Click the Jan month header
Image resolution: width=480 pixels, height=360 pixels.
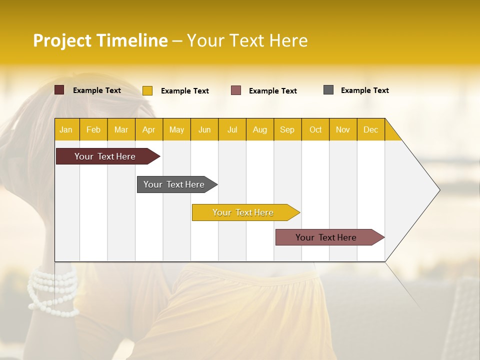point(66,129)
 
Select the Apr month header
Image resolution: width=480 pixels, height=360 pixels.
point(148,129)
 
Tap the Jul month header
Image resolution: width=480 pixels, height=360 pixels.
point(232,129)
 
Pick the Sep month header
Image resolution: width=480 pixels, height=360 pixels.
point(287,129)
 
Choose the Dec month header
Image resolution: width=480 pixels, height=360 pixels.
point(370,129)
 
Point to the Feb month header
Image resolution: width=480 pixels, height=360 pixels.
point(93,129)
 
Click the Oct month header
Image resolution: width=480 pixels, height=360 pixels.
point(315,129)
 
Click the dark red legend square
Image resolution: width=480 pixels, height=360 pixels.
point(59,90)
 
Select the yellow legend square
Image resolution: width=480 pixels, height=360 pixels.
point(147,90)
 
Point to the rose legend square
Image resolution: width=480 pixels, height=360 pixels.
point(236,90)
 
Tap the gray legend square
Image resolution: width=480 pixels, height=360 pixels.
point(328,90)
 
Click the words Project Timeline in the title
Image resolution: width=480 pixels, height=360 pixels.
point(100,40)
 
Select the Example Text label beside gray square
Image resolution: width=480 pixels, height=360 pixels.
point(364,90)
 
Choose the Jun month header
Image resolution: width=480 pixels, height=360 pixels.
point(204,129)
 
